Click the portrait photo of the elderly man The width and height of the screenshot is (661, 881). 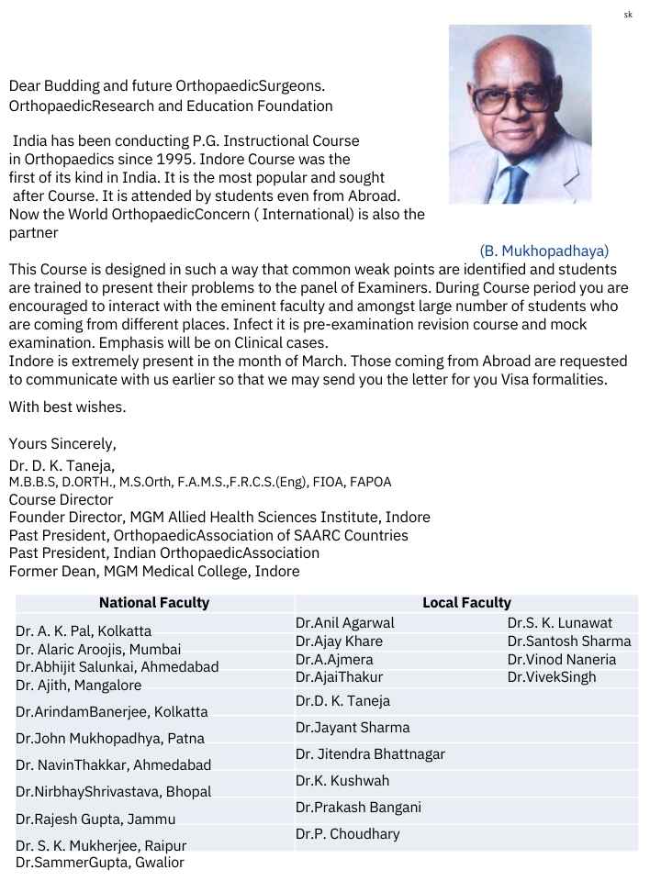coord(520,114)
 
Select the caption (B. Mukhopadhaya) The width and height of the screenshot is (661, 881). coord(543,250)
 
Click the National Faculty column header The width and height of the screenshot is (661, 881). coord(154,603)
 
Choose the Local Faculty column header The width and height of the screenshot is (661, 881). coord(466,603)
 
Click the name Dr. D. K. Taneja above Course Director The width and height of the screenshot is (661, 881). coord(62,465)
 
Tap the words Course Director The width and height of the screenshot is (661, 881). coord(61,500)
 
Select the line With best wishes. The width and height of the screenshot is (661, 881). coord(67,407)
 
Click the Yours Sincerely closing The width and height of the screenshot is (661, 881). coord(62,443)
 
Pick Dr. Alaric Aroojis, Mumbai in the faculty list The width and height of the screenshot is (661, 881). coord(98,650)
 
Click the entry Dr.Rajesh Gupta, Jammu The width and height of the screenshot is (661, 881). coord(95,819)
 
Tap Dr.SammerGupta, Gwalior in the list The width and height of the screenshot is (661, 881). coord(100,863)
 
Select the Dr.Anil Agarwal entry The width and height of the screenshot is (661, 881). coord(345,623)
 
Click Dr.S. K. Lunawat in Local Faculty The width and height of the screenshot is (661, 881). coord(559,623)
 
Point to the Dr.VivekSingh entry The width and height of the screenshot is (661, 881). coord(552,677)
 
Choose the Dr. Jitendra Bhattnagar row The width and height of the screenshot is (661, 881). coord(370,754)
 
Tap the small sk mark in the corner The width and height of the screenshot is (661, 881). coord(628,14)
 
